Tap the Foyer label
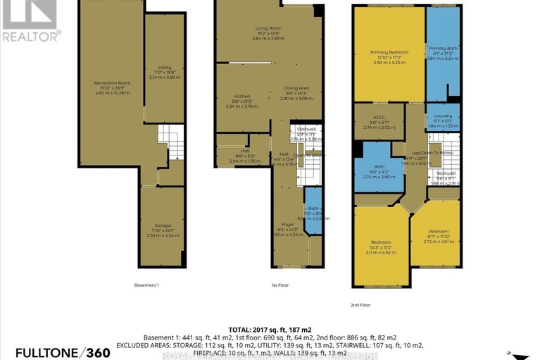289,229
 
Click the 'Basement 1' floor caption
146,285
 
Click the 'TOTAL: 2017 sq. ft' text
270,330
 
